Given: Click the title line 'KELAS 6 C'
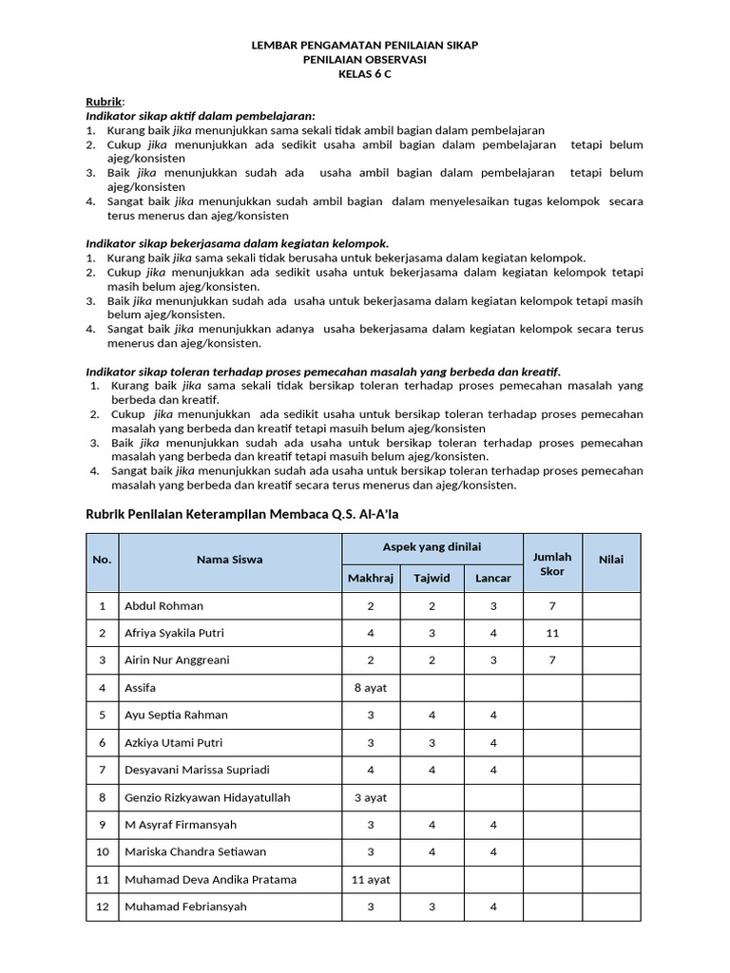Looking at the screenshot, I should click(364, 74).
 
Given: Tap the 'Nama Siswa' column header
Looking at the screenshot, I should click(230, 560).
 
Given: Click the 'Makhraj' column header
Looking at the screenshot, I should click(370, 578).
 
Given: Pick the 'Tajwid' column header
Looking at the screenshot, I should click(431, 578).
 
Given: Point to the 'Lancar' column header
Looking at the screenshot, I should click(492, 578).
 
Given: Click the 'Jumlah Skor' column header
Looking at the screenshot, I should click(552, 563).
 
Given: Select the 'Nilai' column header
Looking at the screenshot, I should click(610, 560).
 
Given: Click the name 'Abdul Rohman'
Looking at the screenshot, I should click(163, 605).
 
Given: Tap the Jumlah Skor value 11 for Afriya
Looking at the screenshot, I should click(552, 633).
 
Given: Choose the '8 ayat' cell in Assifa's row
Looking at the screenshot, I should click(370, 687).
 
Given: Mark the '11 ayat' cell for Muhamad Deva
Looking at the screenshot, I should click(370, 880).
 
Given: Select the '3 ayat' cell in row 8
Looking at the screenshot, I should click(370, 797).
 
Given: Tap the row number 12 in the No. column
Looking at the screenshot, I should click(102, 906).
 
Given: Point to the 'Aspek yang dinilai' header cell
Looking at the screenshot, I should click(432, 546).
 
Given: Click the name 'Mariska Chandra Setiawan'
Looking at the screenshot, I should click(195, 852).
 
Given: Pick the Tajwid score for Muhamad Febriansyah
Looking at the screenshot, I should click(431, 906).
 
